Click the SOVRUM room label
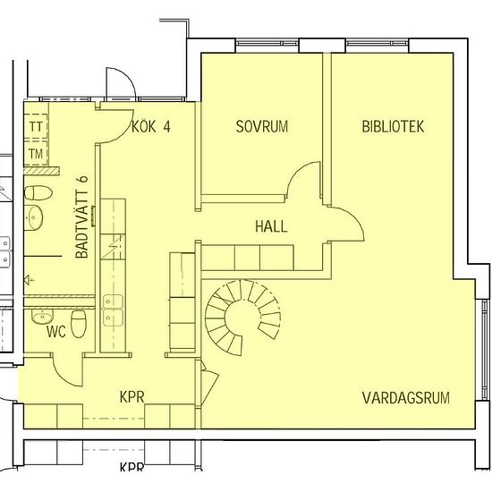click(x=262, y=127)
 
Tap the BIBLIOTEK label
click(x=393, y=127)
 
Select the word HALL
click(x=271, y=227)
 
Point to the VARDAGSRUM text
click(x=404, y=397)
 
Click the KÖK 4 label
click(x=150, y=126)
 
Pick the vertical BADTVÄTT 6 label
click(x=81, y=216)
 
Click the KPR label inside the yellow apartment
click(x=133, y=396)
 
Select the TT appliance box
click(x=36, y=127)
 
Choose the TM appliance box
click(x=36, y=154)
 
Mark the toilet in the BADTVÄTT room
click(x=37, y=192)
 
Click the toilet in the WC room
click(x=77, y=325)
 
